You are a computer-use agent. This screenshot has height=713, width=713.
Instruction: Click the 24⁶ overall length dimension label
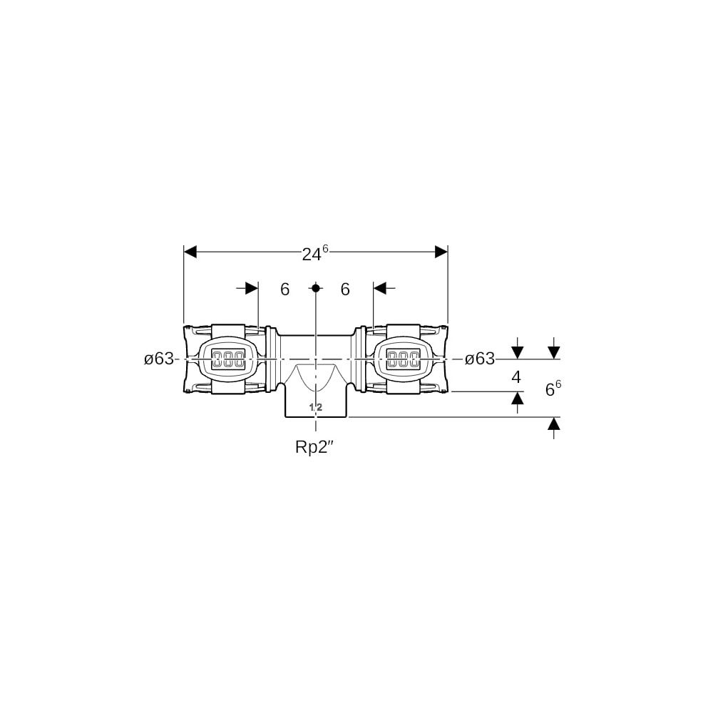pyautogui.click(x=315, y=253)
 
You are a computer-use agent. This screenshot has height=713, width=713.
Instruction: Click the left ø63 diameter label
pyautogui.click(x=159, y=359)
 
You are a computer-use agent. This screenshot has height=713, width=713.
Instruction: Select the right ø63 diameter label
pyautogui.click(x=479, y=359)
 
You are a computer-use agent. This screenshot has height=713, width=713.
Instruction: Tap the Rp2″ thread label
pyautogui.click(x=314, y=448)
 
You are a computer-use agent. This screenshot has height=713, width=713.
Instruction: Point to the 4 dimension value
pyautogui.click(x=516, y=377)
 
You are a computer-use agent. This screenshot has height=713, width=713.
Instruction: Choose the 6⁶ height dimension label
pyautogui.click(x=553, y=389)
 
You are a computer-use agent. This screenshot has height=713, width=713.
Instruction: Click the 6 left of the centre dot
pyautogui.click(x=284, y=289)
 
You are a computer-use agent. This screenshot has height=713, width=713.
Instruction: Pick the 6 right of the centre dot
pyautogui.click(x=345, y=289)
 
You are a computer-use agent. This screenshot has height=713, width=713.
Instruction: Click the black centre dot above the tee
pyautogui.click(x=316, y=288)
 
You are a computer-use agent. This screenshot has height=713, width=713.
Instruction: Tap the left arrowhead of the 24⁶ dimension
pyautogui.click(x=190, y=252)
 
